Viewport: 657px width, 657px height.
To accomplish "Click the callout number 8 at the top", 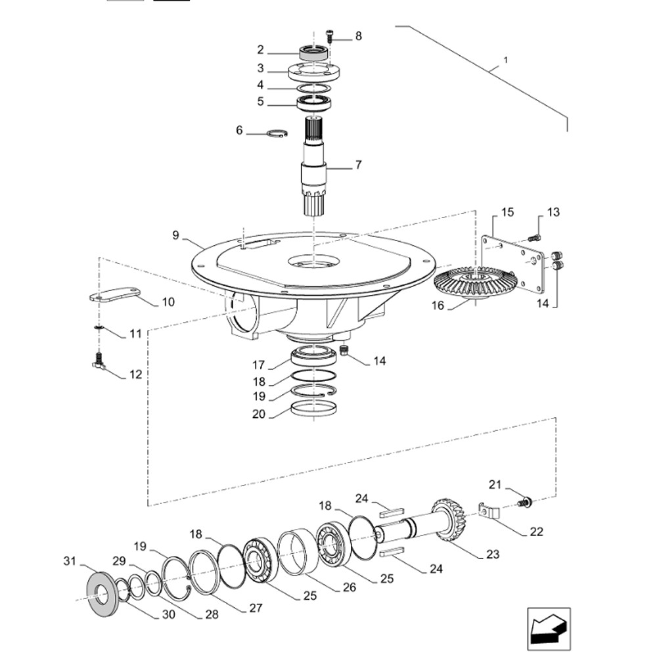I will pyautogui.click(x=358, y=36).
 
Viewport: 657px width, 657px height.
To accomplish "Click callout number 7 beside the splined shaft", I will pyautogui.click(x=358, y=165).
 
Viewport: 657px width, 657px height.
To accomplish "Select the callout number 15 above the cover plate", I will pyautogui.click(x=507, y=212).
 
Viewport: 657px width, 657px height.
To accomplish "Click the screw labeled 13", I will pyautogui.click(x=535, y=237).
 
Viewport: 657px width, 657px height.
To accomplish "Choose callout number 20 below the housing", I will pyautogui.click(x=259, y=415).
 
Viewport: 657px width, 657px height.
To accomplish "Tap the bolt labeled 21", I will pyautogui.click(x=524, y=503).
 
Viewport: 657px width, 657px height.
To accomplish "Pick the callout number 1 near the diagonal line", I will pyautogui.click(x=505, y=60).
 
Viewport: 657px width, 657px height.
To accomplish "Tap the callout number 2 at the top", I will pyautogui.click(x=260, y=49).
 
